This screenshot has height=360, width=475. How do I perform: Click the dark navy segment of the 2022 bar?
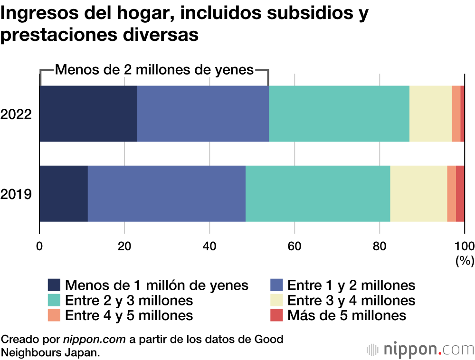click(88, 114)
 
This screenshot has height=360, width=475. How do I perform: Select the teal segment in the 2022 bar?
click(339, 114)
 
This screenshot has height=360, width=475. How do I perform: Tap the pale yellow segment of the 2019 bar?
click(418, 194)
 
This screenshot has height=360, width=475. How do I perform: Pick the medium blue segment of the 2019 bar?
click(167, 194)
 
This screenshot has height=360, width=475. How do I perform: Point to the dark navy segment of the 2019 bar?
click(64, 194)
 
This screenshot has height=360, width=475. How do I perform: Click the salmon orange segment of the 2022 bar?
click(456, 114)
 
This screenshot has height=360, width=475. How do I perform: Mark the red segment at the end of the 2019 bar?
click(460, 194)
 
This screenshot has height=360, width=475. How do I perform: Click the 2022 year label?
click(16, 114)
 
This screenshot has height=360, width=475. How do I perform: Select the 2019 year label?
click(16, 194)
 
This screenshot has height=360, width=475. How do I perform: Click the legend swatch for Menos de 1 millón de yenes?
click(54, 285)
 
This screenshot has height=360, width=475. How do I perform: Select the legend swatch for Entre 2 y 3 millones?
click(54, 300)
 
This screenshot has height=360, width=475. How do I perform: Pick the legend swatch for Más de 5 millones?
click(277, 315)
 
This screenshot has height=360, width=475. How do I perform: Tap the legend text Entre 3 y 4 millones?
click(351, 300)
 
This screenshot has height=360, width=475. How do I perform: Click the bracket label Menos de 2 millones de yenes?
click(155, 70)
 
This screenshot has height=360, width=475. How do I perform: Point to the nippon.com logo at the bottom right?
click(420, 349)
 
